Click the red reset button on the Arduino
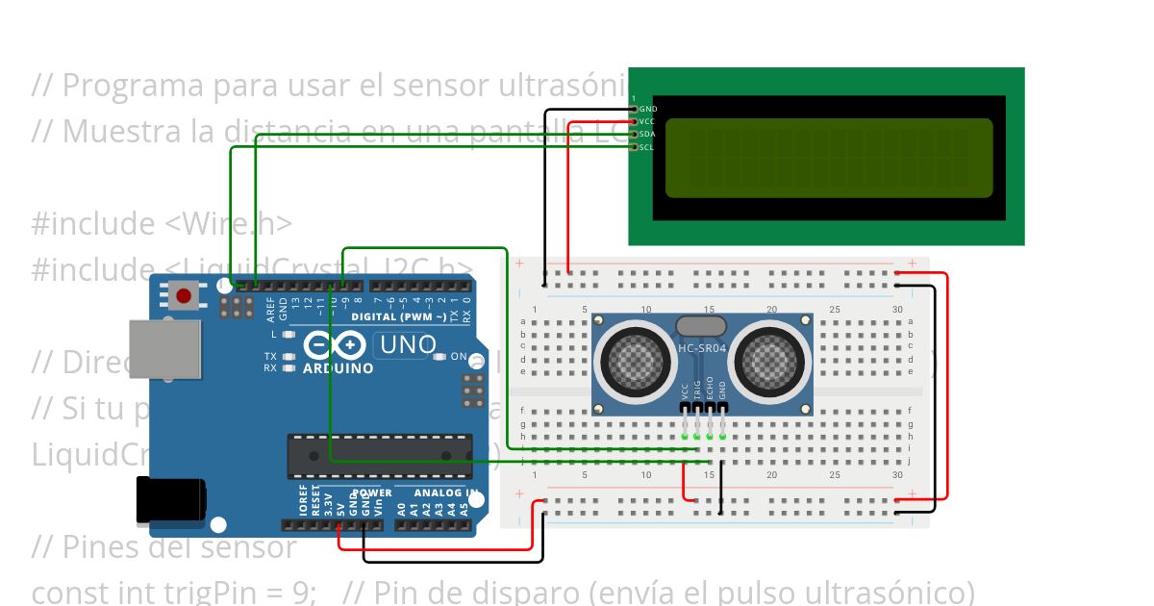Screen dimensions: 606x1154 pos(183,295)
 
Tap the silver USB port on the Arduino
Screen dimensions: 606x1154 pos(165,349)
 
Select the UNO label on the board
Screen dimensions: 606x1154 pos(405,344)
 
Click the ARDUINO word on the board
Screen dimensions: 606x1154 pos(339,368)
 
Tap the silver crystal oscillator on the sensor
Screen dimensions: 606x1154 pos(701,327)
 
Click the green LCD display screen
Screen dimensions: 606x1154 pos(828,158)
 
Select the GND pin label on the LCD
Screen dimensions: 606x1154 pos(648,110)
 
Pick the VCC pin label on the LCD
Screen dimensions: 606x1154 pos(648,122)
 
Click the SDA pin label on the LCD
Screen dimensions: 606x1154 pos(648,135)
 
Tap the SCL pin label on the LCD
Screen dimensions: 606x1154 pos(648,147)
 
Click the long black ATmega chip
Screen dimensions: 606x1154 pos(380,456)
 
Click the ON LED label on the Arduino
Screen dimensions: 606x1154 pos(459,357)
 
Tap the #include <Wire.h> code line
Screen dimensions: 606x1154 pos(162,223)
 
